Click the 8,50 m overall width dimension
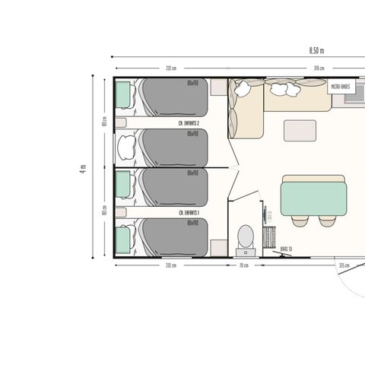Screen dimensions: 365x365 coord(317,51)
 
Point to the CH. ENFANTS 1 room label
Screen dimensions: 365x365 coord(189,214)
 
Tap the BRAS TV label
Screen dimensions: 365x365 coord(287,249)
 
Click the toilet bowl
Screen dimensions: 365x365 coord(245,234)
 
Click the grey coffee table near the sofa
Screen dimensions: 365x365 coord(297,131)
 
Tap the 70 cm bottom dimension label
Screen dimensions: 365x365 coord(243,265)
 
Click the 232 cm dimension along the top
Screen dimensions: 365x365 coord(170,68)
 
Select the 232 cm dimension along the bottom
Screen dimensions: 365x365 coord(170,265)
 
